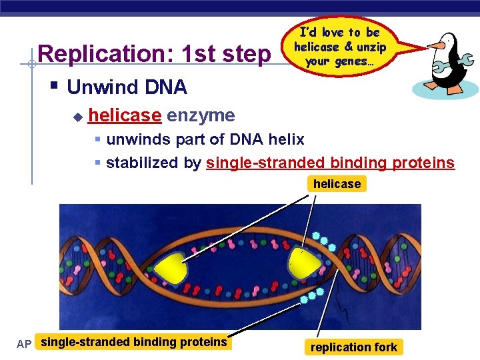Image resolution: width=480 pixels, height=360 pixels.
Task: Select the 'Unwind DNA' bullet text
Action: [127, 87]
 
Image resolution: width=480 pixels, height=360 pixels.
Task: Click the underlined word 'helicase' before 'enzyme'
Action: [125, 115]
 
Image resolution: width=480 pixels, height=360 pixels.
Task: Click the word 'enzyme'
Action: [201, 115]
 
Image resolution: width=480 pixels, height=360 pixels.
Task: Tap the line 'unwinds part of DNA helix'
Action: [205, 139]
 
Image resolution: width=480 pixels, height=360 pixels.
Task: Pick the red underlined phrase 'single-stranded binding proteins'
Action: [330, 163]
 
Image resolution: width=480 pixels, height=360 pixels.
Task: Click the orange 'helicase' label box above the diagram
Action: [337, 184]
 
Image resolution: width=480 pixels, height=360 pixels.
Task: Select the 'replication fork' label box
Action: [353, 347]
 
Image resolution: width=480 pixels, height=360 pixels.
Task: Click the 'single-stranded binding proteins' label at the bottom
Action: [133, 342]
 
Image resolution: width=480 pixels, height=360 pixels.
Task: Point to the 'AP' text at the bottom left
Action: [24, 344]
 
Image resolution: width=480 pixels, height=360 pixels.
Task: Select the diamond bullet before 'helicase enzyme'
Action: [77, 117]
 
